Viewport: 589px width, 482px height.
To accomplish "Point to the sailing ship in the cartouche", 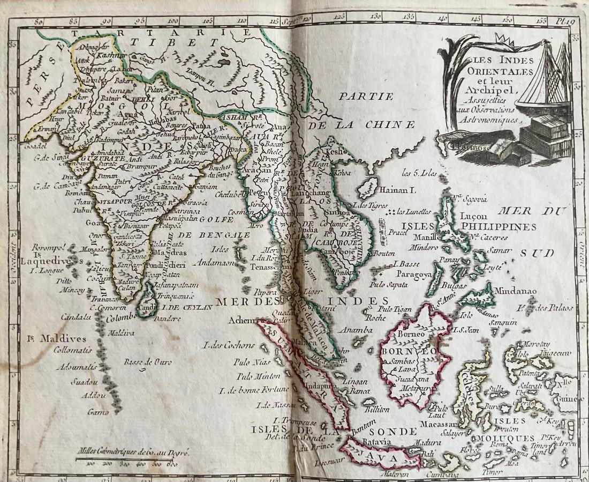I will tap(541, 75).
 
